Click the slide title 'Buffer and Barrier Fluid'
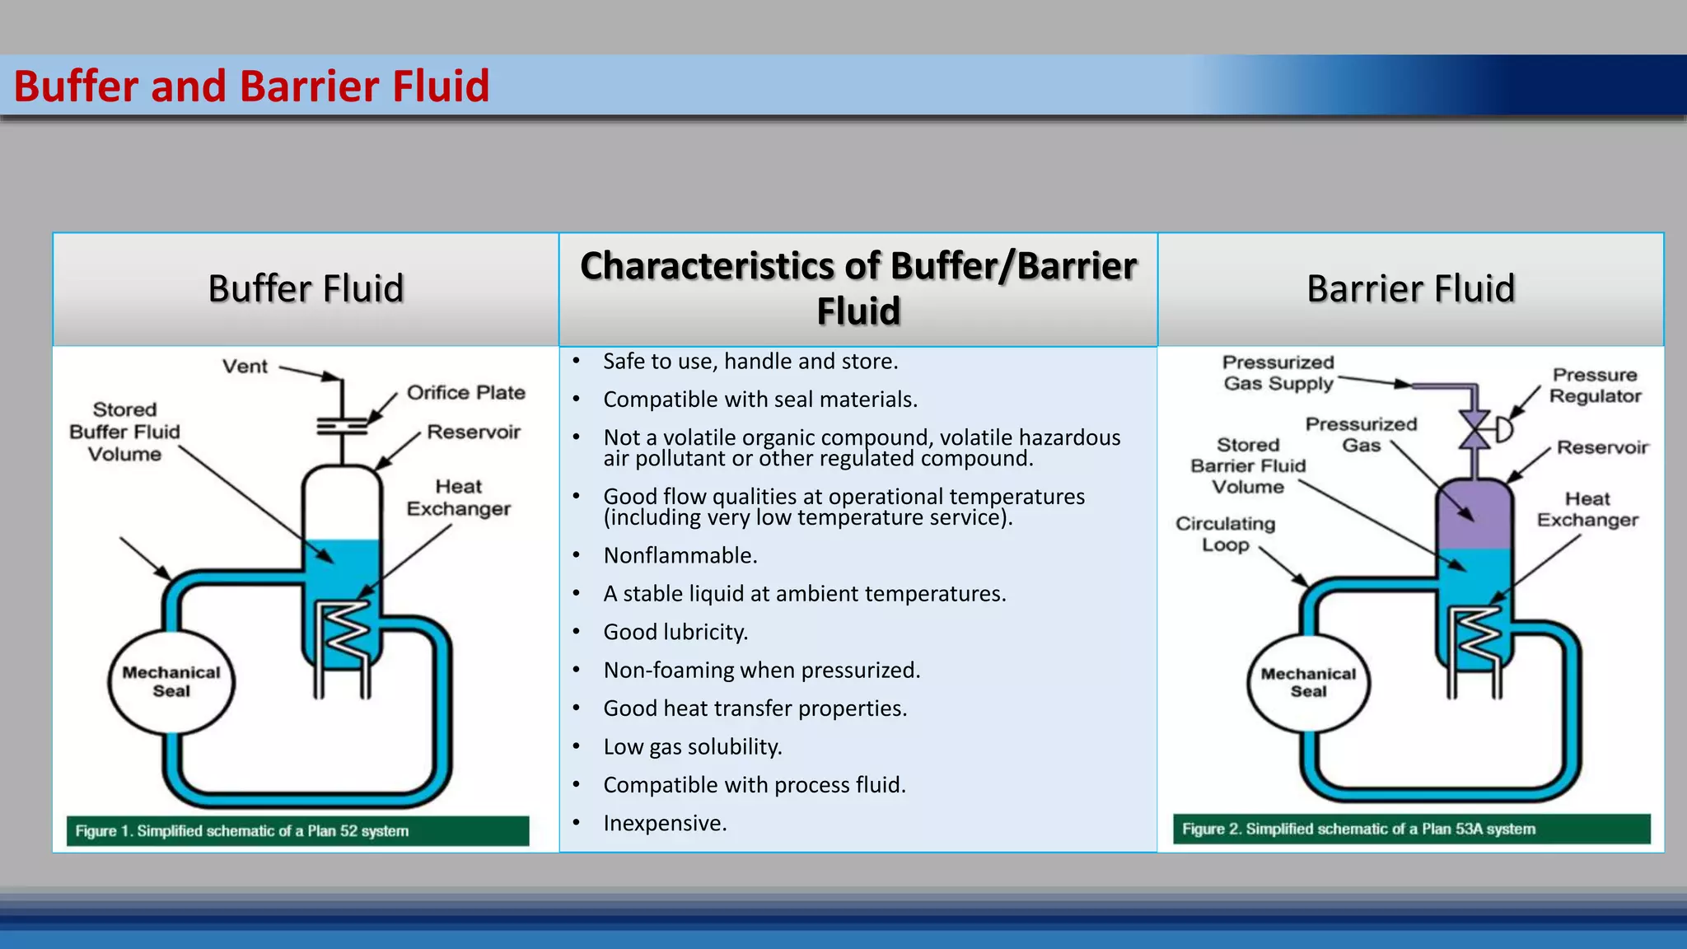click(x=251, y=86)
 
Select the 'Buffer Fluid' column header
click(x=306, y=288)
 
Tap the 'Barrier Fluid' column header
click(x=1410, y=288)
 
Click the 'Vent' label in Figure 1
click(x=245, y=367)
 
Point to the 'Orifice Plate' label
click(x=465, y=393)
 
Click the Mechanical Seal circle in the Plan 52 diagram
click(x=171, y=682)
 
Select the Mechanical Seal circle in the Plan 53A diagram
click(x=1308, y=683)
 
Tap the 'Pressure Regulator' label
click(x=1595, y=386)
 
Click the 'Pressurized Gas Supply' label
click(x=1278, y=373)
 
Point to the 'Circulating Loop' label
click(x=1225, y=534)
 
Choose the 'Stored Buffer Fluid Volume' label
click(x=124, y=432)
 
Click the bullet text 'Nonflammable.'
click(x=680, y=556)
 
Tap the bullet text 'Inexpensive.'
click(x=665, y=824)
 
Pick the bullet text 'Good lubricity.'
click(x=675, y=633)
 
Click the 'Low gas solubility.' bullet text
click(x=692, y=747)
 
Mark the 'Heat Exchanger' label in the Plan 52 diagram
click(x=458, y=498)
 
